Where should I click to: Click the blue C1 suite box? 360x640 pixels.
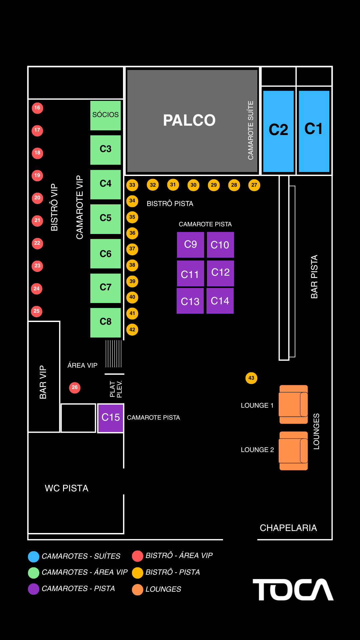tap(314, 131)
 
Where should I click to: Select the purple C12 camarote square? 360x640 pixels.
tap(220, 273)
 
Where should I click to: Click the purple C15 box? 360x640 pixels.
tap(111, 418)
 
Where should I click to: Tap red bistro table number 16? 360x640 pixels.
tap(37, 108)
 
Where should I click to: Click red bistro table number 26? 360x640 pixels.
tap(75, 388)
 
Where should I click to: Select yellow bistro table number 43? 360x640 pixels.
tap(251, 378)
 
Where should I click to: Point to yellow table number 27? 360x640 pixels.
tap(254, 185)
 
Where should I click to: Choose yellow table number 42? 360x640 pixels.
tap(132, 330)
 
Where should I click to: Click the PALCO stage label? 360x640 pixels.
tap(189, 120)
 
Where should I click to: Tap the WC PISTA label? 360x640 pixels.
tap(67, 488)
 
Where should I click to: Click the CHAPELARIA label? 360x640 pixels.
tap(288, 528)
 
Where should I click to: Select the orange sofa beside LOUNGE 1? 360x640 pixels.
tap(293, 404)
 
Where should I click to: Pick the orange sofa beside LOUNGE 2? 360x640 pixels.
tap(293, 451)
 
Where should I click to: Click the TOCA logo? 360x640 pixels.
tap(293, 590)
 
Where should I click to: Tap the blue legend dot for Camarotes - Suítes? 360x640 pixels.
tap(34, 556)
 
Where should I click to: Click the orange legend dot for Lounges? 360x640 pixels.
tap(138, 589)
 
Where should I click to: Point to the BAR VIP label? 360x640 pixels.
tap(43, 382)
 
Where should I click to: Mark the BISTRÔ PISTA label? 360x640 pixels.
tap(170, 204)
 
